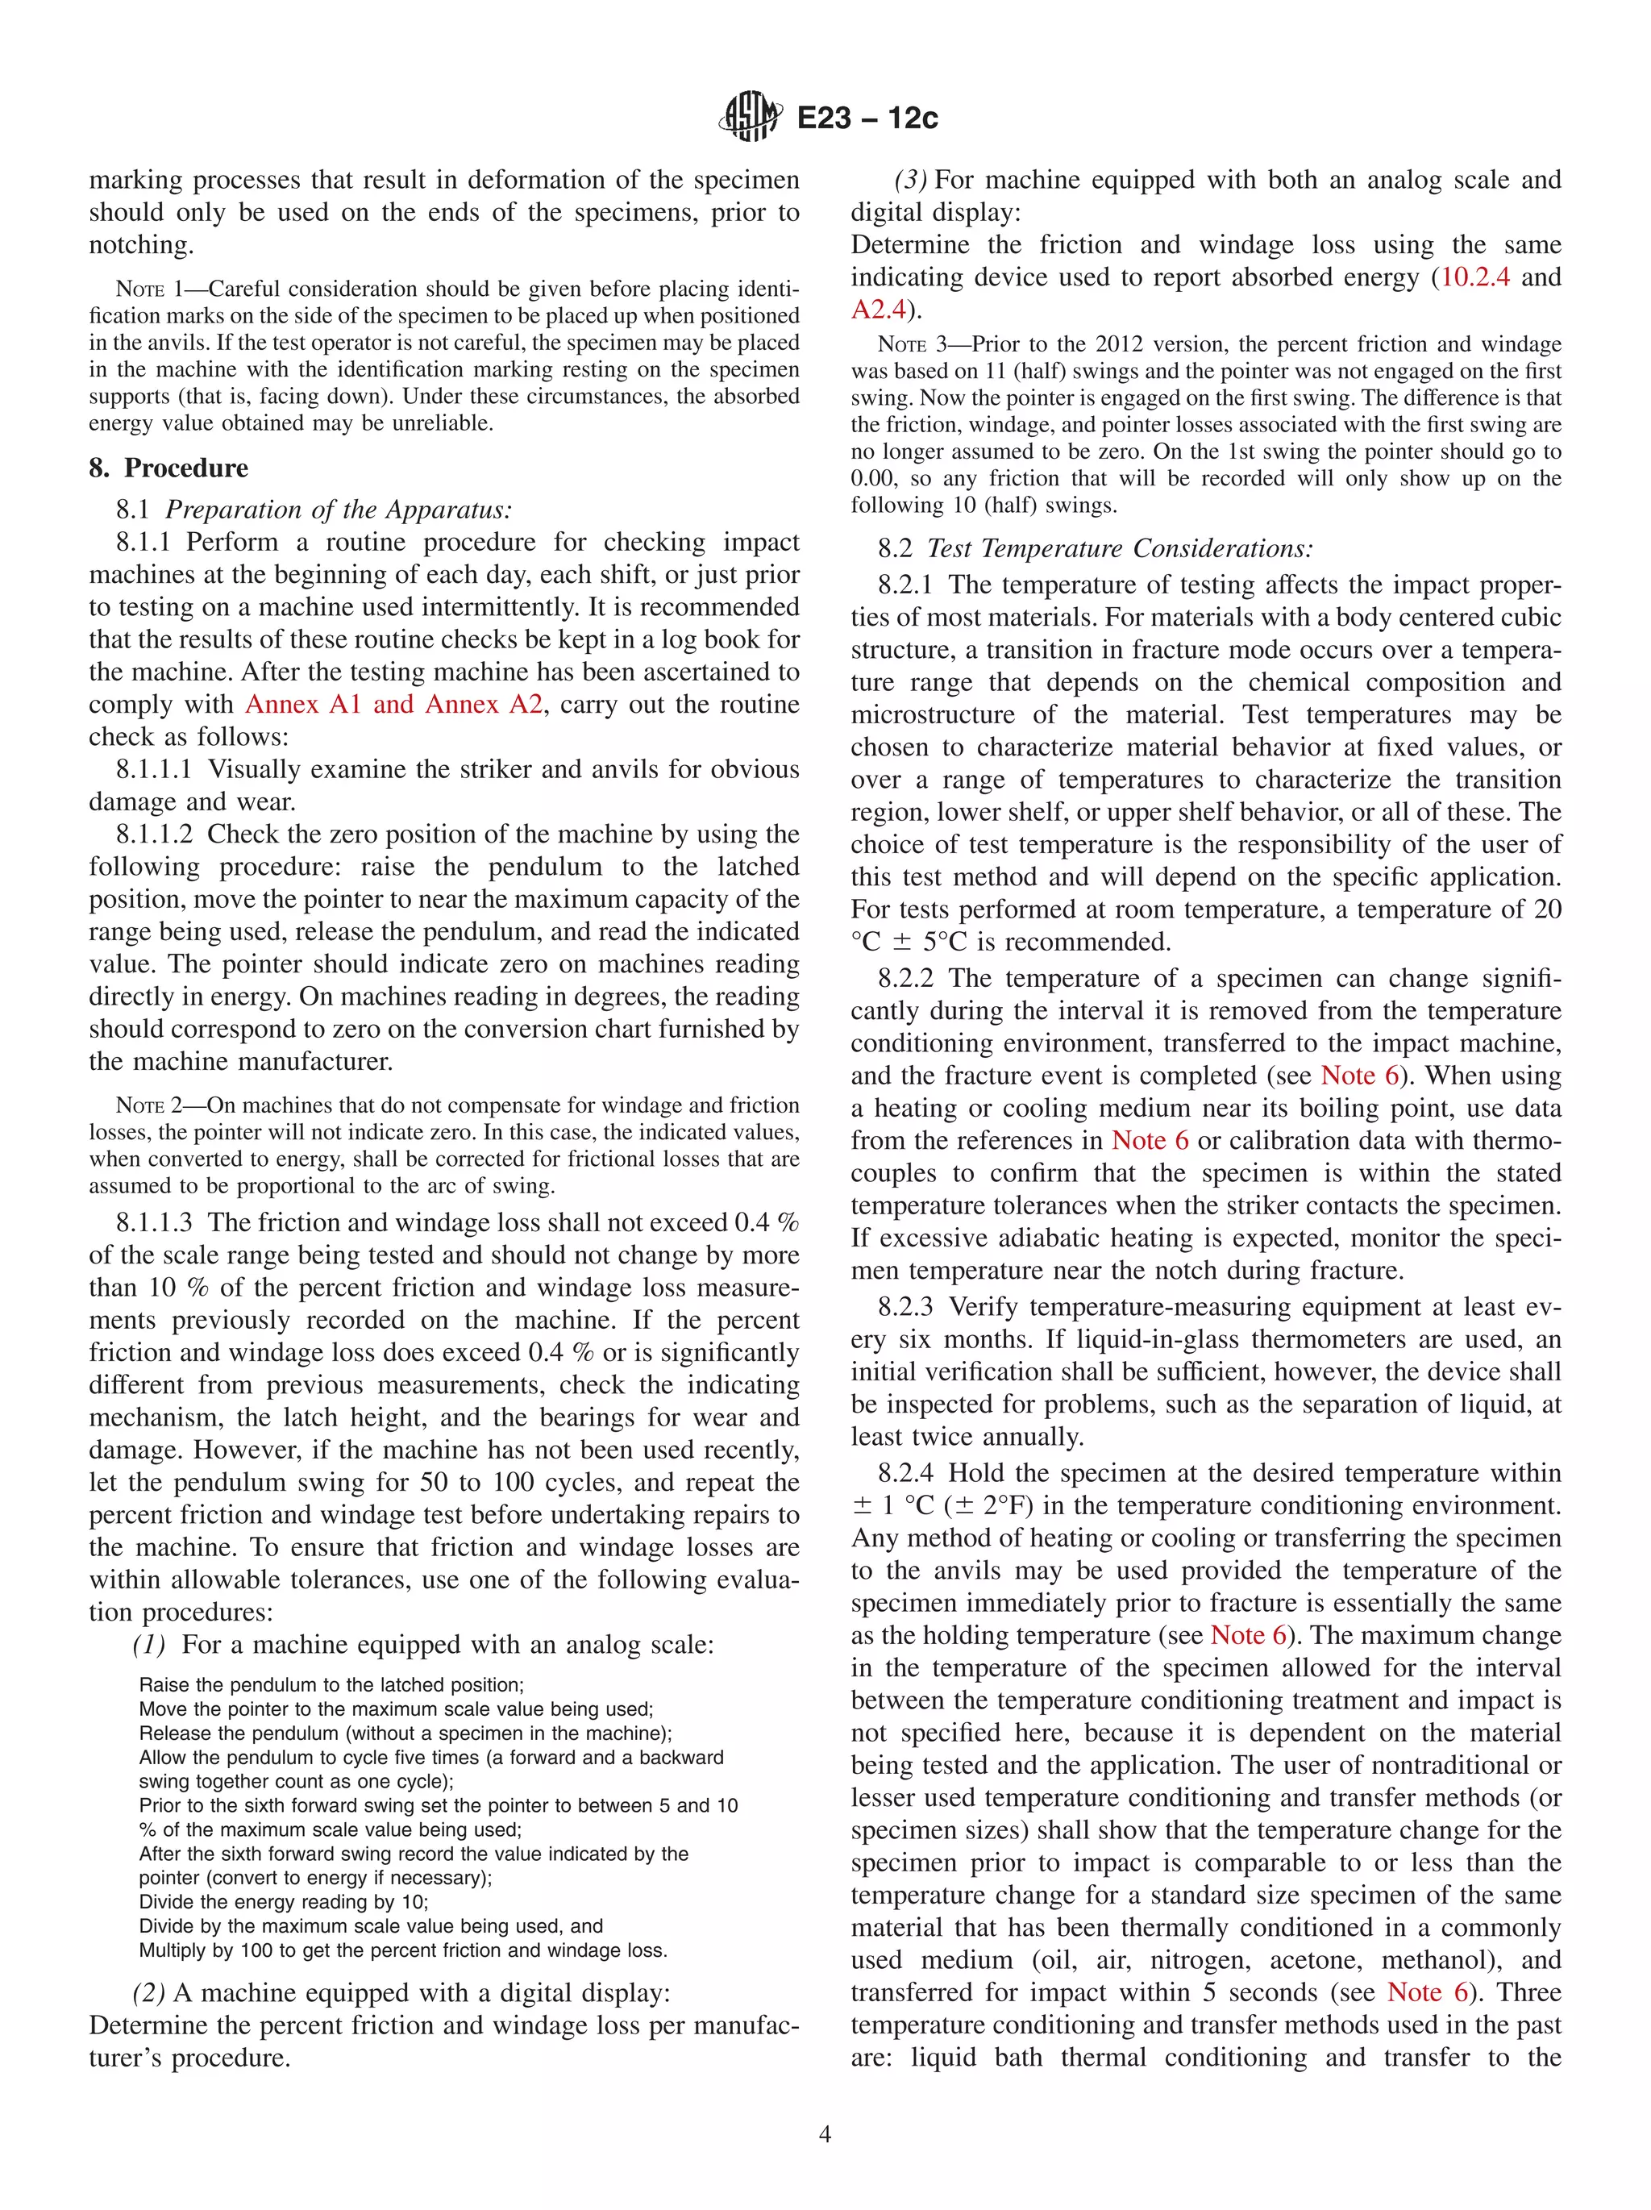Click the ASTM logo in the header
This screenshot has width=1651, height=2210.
coord(749,117)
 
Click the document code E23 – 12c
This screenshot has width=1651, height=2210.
coord(867,118)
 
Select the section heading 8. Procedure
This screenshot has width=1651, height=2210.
coord(168,468)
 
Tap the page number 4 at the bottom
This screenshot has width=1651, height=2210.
coord(825,2133)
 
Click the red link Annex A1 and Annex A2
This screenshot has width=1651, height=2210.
coord(393,705)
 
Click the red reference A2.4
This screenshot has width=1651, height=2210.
coord(878,310)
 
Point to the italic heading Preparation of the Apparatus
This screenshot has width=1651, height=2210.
coord(339,510)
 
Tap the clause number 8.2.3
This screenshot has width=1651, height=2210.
coord(906,1307)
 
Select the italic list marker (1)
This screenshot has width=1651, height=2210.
coord(149,1645)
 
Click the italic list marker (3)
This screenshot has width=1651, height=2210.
coord(910,180)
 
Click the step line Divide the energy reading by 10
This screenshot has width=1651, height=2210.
coord(283,1901)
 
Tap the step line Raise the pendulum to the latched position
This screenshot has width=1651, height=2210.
coord(331,1684)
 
